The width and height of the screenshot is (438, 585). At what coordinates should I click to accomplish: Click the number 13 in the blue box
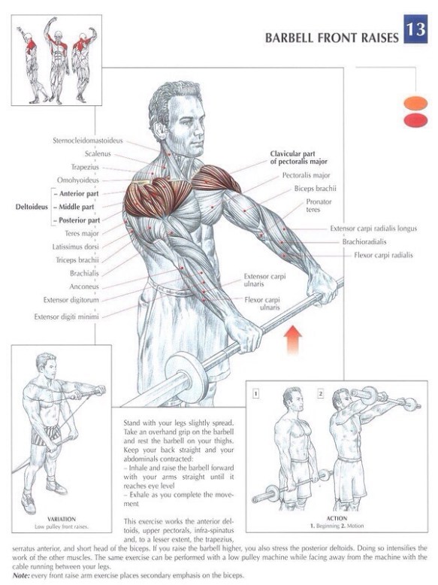pos(415,29)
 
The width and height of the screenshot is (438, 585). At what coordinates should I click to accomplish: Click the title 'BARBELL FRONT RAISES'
pos(332,38)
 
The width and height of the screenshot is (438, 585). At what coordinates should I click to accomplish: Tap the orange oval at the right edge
pos(415,103)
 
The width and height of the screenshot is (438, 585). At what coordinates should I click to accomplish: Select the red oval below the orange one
pos(415,120)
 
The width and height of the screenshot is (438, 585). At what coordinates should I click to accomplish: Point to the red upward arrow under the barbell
pos(293,339)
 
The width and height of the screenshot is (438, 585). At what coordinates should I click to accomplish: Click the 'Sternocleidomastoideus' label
pos(88,141)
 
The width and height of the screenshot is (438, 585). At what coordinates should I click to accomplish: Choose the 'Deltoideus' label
pos(32,207)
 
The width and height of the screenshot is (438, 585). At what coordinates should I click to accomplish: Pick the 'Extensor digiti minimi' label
pos(67,317)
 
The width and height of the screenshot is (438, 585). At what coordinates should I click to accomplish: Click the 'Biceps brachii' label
pos(315,189)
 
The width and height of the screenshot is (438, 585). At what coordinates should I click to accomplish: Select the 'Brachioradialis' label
pos(364,242)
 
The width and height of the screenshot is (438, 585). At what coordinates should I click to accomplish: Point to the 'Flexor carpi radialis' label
pos(383,255)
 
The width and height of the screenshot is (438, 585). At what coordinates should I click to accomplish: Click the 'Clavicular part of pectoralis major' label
pos(298,157)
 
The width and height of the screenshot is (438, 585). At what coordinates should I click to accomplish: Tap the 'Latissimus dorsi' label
pos(76,247)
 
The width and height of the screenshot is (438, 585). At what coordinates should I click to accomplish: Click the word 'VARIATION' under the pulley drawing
pos(62,519)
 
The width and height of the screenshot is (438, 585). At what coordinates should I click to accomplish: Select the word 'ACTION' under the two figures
pos(337,518)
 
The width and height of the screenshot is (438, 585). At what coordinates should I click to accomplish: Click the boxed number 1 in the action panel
pos(255,393)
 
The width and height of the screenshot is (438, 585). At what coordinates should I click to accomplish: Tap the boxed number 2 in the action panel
pos(321,393)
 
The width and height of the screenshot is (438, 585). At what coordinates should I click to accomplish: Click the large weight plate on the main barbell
pos(186,376)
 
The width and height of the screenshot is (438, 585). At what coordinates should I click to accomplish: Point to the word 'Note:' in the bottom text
pos(21,575)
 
